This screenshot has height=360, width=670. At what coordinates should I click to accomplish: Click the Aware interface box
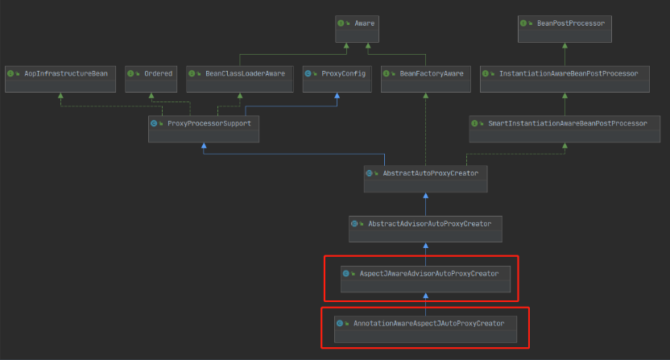(357, 29)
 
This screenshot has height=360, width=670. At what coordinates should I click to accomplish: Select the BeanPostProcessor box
(565, 29)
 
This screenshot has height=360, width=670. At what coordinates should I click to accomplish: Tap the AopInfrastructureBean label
(66, 73)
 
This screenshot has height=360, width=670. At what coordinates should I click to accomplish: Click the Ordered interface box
(151, 79)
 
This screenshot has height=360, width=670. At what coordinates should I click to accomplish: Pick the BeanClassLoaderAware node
(240, 79)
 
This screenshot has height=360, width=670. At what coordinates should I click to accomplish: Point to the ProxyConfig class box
(337, 79)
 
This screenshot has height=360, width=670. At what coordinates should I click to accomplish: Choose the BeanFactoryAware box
(425, 79)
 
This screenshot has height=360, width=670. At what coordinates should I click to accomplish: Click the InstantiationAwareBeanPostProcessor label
(569, 73)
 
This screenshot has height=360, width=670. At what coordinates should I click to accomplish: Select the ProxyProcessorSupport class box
(204, 129)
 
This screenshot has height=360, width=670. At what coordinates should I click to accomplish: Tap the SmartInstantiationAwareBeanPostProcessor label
(568, 123)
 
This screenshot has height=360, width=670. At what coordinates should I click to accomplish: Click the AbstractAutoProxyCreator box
(425, 179)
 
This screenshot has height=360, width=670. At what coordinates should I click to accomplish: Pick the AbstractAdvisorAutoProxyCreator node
(425, 229)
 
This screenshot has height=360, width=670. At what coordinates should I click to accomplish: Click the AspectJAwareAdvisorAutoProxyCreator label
(429, 274)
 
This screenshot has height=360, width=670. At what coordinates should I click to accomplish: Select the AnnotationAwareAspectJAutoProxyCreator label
(429, 324)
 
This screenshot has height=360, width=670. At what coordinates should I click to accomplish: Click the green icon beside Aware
(341, 23)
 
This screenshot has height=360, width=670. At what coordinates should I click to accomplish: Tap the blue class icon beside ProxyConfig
(308, 73)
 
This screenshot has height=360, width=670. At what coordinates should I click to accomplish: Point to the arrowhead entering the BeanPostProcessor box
(565, 45)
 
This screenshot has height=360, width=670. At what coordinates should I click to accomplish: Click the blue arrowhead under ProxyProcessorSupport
(204, 146)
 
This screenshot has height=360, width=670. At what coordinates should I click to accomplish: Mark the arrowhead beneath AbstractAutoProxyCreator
(425, 196)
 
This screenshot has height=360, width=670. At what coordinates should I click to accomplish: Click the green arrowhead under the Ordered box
(151, 96)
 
